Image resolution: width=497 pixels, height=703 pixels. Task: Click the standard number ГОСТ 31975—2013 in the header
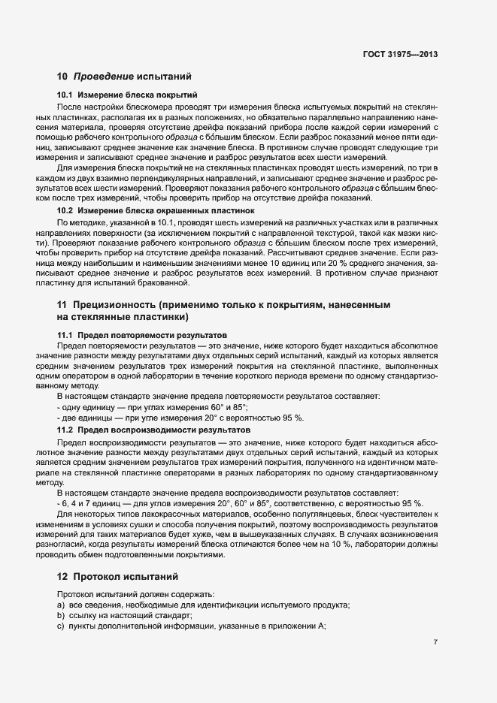click(399, 54)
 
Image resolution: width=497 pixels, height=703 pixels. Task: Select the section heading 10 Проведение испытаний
click(124, 76)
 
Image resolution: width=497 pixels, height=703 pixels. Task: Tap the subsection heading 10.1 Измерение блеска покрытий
click(126, 95)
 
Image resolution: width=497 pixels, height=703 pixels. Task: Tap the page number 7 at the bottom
click(435, 641)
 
